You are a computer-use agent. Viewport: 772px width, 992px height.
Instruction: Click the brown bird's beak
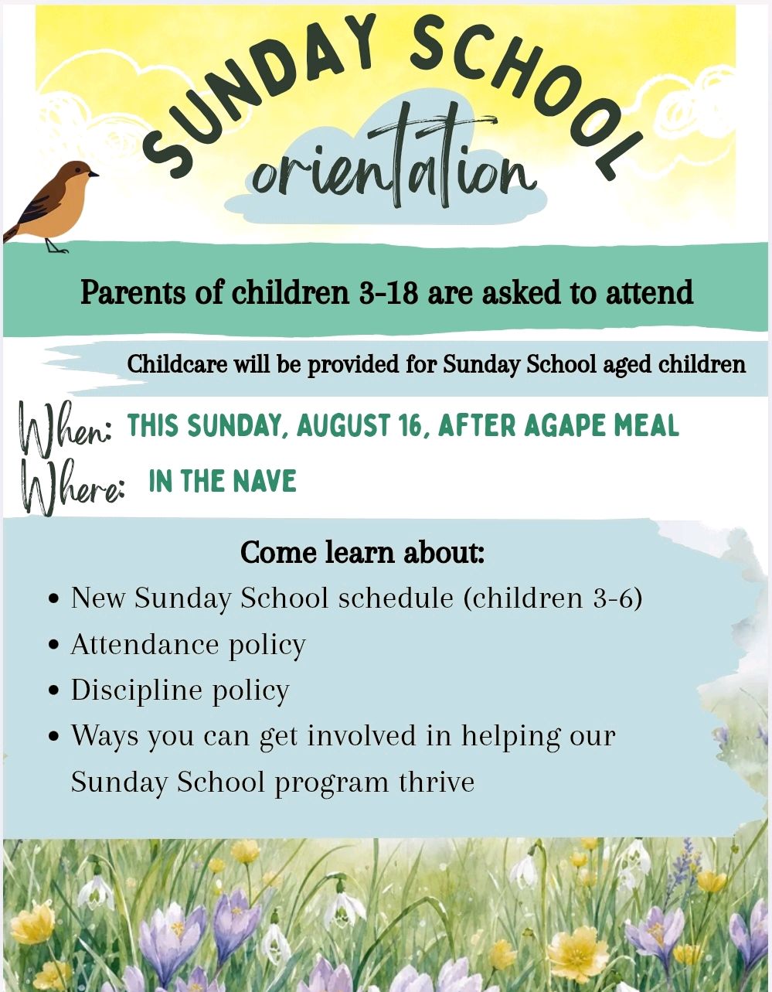(93, 174)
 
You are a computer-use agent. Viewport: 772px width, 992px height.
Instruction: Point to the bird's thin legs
(55, 246)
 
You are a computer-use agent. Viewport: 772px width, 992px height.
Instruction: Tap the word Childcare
(177, 364)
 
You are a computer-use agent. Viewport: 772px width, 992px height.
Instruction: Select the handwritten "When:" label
(65, 428)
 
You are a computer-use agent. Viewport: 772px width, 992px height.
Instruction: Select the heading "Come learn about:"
(362, 552)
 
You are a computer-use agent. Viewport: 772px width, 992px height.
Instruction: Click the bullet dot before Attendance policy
(54, 646)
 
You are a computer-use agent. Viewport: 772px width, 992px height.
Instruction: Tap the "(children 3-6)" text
(553, 598)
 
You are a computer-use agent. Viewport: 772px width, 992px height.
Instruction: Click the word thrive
(437, 782)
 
